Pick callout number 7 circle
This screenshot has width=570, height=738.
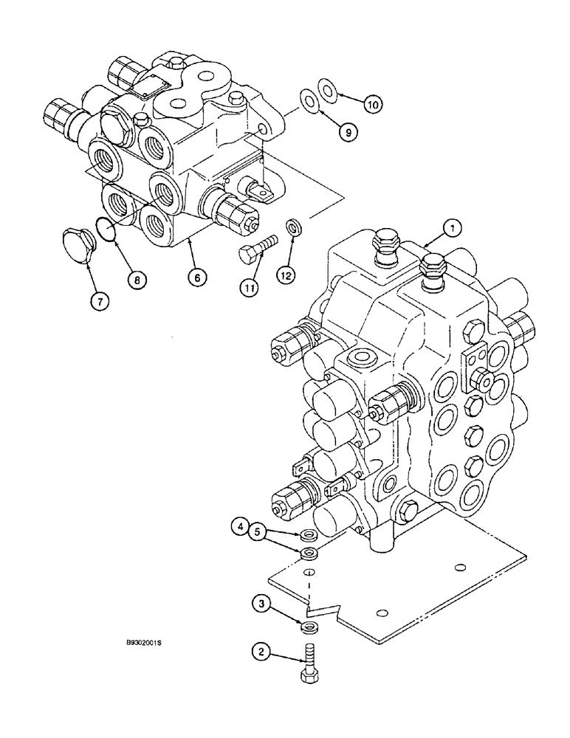[98, 300]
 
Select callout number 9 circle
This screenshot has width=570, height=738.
[348, 132]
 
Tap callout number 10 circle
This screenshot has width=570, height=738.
[374, 105]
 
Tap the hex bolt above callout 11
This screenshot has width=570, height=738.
[258, 249]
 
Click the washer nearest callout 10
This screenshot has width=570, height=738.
[327, 89]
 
